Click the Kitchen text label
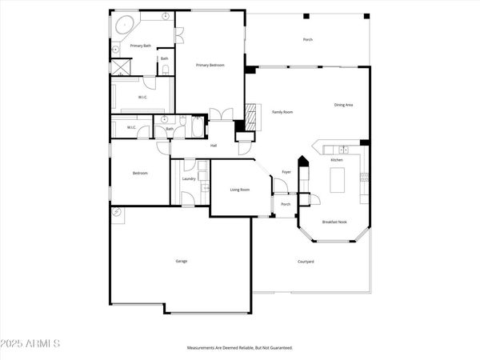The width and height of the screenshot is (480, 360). [x=337, y=160]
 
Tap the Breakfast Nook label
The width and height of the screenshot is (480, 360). [x=334, y=222]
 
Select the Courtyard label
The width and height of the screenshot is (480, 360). [x=306, y=262]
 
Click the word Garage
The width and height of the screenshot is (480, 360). [x=182, y=261]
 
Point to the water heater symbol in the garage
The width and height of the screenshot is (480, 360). [x=117, y=213]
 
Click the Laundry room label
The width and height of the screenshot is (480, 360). [x=189, y=178]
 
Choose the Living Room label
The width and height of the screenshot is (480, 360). [x=240, y=190]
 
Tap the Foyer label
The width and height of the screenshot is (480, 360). [x=286, y=172]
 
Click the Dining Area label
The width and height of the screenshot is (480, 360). [x=345, y=105]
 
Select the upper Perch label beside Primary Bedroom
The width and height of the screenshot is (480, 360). [x=307, y=39]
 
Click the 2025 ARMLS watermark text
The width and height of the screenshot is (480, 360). [x=32, y=344]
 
